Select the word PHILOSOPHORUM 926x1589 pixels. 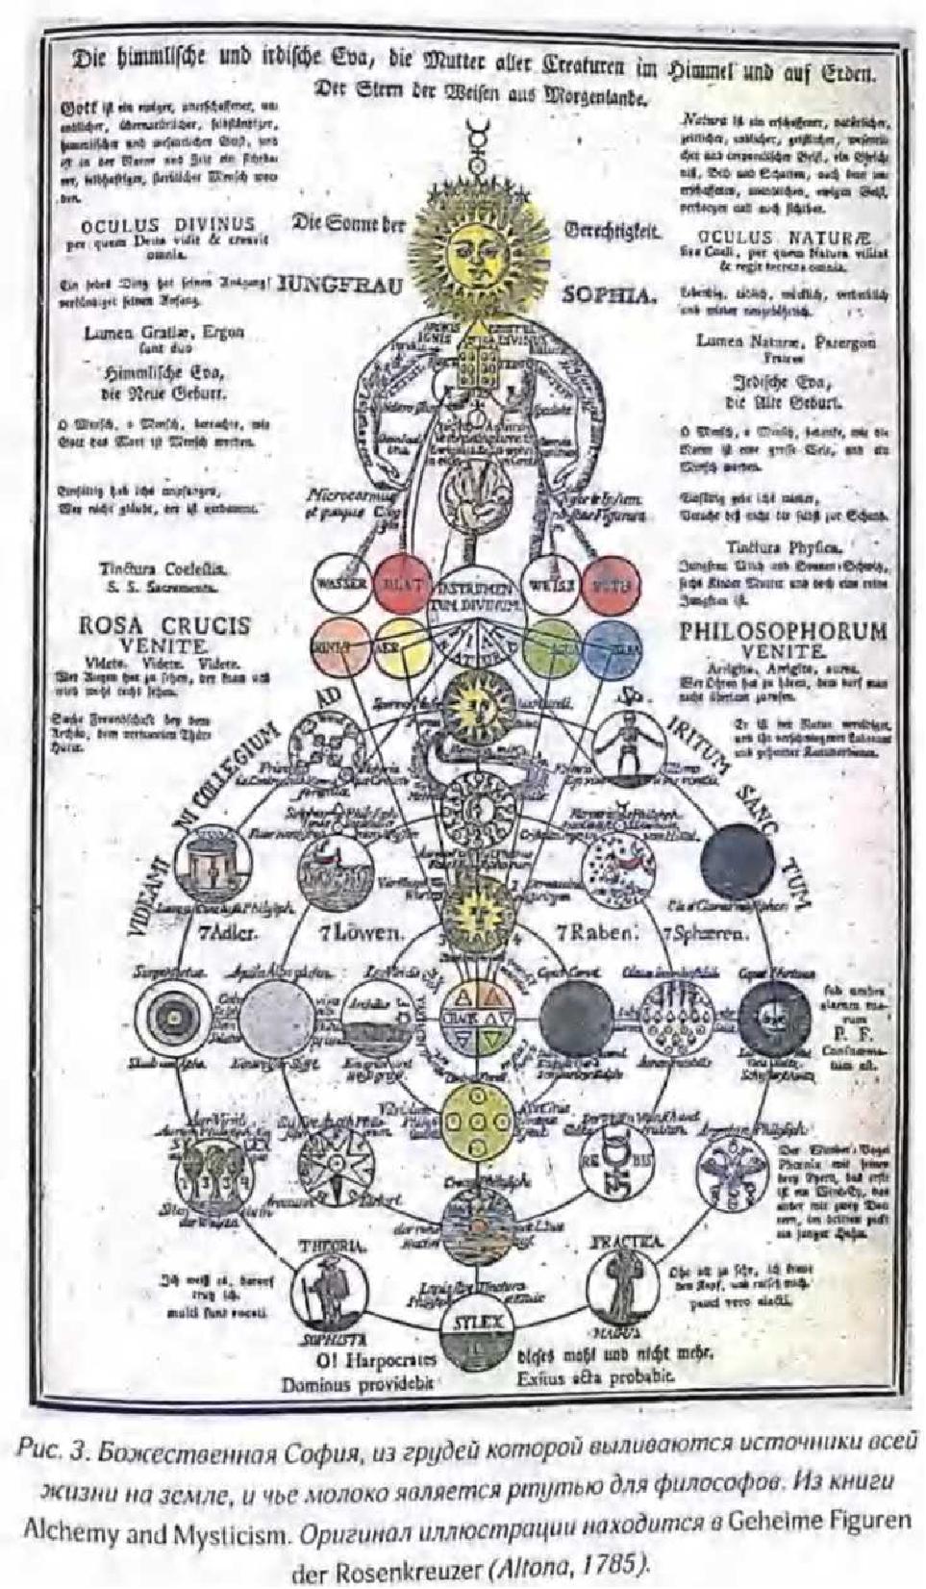click(x=783, y=632)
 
